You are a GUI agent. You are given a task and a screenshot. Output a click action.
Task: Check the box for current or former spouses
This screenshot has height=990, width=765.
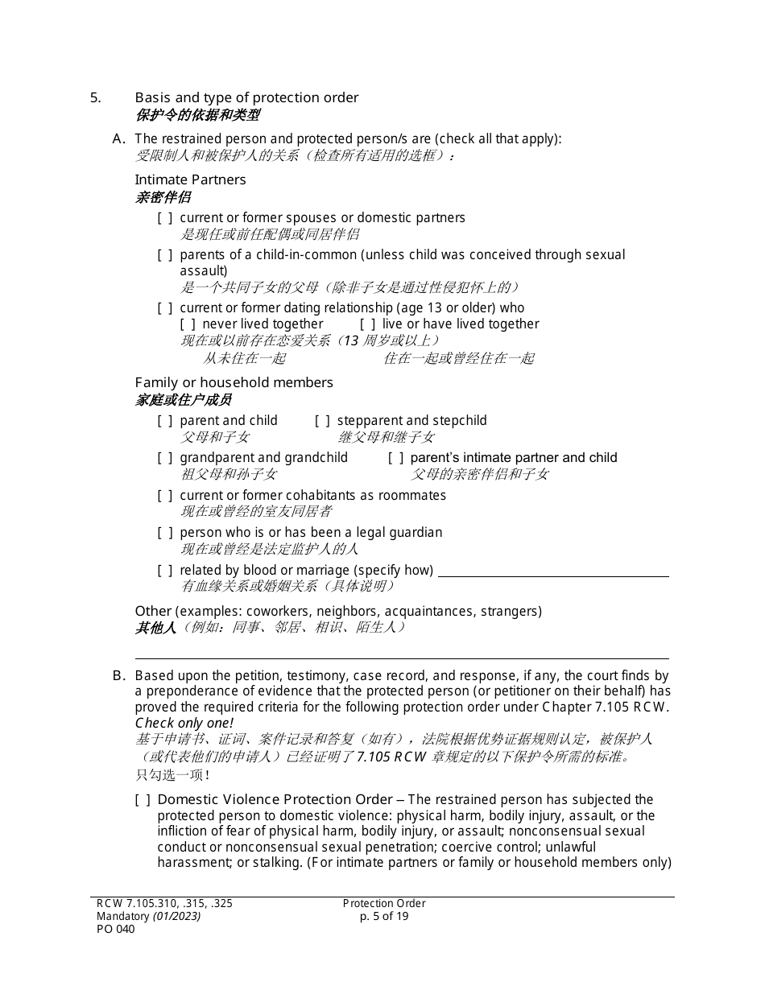(164, 218)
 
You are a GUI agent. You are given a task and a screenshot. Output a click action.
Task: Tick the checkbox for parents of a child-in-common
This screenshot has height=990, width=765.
(164, 255)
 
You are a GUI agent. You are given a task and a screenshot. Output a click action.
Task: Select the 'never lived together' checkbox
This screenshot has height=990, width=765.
(187, 324)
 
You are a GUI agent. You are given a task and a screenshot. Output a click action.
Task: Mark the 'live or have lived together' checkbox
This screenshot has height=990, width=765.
(367, 324)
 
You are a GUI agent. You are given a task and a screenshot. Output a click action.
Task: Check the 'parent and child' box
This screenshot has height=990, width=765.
(164, 421)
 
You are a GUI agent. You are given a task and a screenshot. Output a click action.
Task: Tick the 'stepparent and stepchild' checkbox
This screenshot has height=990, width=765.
(322, 421)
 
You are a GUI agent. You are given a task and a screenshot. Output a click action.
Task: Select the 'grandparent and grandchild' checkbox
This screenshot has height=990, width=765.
(164, 458)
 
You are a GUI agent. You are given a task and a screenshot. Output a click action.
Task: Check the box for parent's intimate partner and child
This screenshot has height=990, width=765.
(395, 458)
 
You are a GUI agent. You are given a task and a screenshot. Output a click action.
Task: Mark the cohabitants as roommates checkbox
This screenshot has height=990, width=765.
(164, 496)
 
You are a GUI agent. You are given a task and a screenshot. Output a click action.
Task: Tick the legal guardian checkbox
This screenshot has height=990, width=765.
(164, 533)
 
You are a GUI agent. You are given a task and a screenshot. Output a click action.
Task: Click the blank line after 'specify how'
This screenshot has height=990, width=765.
(552, 571)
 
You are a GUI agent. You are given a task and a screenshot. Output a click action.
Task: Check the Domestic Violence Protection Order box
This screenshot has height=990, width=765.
(143, 800)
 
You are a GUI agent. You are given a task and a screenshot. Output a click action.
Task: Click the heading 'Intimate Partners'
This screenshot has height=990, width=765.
(190, 179)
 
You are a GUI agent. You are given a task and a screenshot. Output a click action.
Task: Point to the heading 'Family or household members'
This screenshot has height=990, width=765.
(234, 382)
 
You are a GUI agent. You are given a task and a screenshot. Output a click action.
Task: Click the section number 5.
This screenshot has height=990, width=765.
(95, 97)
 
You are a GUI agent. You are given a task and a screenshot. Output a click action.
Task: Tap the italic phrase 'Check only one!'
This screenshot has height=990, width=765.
(184, 723)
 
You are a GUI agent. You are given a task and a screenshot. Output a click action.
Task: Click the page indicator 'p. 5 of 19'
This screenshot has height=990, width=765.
(384, 916)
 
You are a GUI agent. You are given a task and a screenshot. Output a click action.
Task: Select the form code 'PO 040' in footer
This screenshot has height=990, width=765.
(116, 929)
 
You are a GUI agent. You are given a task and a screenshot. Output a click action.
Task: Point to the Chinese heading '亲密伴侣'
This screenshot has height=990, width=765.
(163, 197)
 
